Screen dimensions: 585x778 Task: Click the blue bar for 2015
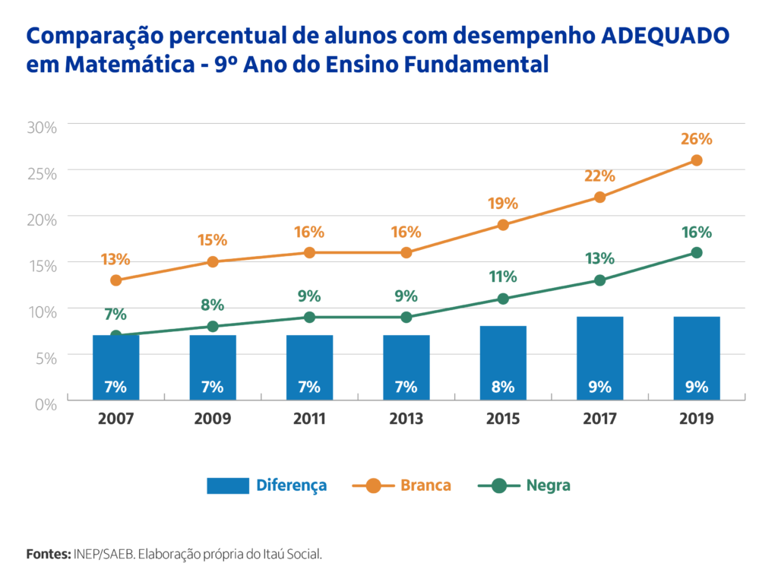tap(503, 362)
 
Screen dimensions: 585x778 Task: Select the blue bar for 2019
tap(697, 358)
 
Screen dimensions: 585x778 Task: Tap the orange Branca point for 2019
tap(697, 160)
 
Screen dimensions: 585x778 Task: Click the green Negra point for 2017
tap(600, 280)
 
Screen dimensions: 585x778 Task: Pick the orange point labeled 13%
tap(115, 280)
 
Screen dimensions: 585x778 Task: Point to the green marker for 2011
tap(309, 317)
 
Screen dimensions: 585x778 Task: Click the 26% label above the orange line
tap(697, 139)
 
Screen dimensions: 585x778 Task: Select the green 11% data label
tap(503, 277)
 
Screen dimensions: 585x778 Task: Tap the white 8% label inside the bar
tap(503, 387)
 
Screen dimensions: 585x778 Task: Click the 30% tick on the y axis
tap(42, 127)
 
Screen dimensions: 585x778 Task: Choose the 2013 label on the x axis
tap(406, 419)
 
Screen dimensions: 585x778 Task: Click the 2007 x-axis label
tap(115, 419)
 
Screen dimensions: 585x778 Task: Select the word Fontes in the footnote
tap(48, 554)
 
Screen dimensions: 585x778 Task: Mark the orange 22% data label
tap(600, 176)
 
